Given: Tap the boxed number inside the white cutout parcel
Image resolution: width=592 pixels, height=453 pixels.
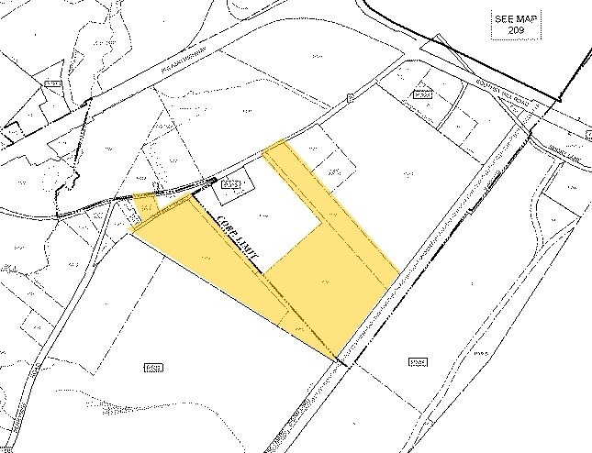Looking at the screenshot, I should pos(231,186).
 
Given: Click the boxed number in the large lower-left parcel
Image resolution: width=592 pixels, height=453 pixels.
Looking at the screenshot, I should pos(153,368).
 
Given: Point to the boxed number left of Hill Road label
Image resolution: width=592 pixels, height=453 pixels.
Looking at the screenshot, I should pos(421,94).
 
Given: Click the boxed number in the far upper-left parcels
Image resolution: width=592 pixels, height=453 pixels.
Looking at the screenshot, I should pos(52,84).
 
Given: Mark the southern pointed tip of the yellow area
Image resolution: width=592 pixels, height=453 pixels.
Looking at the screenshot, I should pos(339,356).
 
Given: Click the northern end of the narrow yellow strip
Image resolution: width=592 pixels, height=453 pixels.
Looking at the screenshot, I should pos(277,147).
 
